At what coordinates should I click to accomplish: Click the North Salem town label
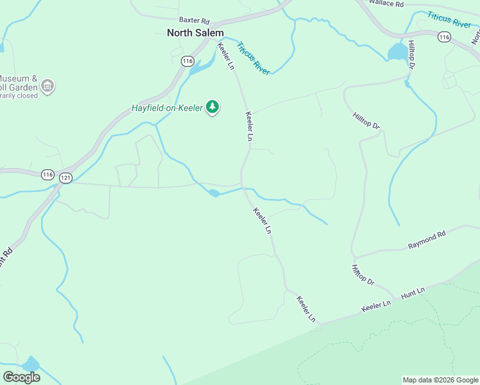coord(195,33)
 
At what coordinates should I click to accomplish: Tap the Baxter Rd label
coord(194,21)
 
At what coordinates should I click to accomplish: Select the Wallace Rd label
coord(386,4)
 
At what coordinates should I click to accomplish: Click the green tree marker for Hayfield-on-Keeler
coord(212,107)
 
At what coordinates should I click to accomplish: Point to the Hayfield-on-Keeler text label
coord(167,108)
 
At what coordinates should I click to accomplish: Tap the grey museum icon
coord(47,85)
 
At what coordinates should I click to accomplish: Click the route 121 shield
coord(65,177)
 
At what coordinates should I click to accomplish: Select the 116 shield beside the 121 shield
coord(47,175)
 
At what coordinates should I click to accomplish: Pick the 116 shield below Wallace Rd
coord(444,37)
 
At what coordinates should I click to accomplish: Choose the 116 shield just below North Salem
coord(187,61)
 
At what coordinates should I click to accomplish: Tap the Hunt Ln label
coord(413,293)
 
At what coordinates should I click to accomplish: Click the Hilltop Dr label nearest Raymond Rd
coord(363,274)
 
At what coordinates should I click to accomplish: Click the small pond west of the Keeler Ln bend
coord(214,193)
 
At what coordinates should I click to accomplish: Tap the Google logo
coord(21,377)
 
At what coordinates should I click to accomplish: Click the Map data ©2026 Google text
coord(440,380)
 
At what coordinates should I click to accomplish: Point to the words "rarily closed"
coord(19,95)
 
